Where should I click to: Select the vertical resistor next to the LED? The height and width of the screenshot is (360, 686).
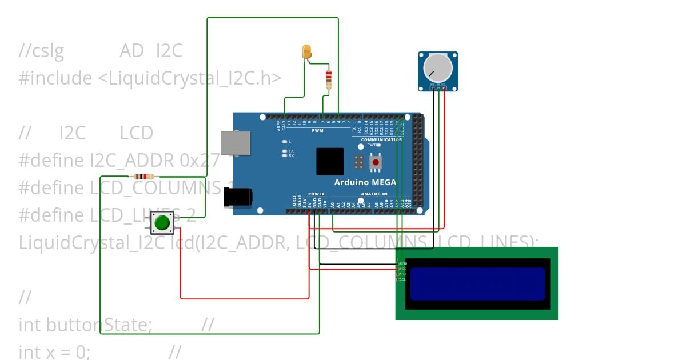[x=328, y=79]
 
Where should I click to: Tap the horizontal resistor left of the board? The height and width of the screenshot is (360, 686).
[x=143, y=177]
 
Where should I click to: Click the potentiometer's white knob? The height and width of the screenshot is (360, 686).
[x=437, y=69]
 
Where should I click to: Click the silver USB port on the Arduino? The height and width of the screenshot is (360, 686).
[x=236, y=143]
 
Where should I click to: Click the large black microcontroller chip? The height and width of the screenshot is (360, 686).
[x=330, y=161]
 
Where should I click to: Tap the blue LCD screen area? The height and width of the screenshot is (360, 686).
[x=477, y=284]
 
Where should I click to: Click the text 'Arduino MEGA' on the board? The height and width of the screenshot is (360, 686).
[x=365, y=183]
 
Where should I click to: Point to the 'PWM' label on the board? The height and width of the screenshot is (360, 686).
[x=317, y=131]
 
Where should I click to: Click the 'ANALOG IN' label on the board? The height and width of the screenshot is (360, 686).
[x=374, y=194]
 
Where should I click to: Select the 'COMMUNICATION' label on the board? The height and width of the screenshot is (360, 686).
[x=381, y=139]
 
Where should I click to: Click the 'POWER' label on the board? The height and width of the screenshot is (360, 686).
[x=316, y=194]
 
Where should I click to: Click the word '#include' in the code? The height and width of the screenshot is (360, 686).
[x=55, y=78]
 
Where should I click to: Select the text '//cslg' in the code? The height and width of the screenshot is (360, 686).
[x=41, y=51]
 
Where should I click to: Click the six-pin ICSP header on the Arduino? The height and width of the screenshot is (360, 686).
[x=358, y=162]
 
